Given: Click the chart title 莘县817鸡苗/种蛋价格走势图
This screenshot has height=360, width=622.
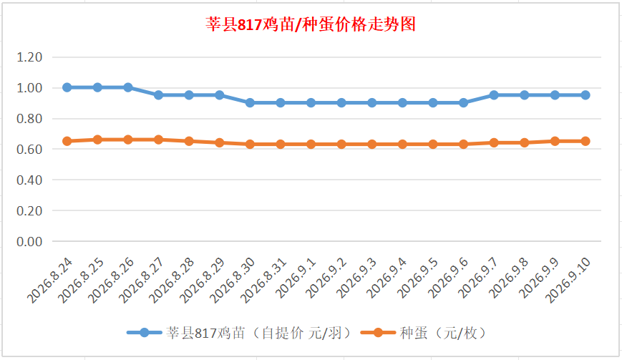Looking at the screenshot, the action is click(311, 24).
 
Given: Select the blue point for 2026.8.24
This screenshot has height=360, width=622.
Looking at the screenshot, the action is click(67, 87).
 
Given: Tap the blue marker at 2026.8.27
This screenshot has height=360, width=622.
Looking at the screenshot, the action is click(159, 95).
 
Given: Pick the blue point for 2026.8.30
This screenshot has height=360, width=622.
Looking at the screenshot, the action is click(250, 102).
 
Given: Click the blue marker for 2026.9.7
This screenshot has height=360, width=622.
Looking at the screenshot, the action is click(494, 95).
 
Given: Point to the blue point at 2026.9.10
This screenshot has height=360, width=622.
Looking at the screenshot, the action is click(585, 95).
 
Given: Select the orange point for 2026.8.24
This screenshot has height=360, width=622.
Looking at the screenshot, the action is click(67, 141).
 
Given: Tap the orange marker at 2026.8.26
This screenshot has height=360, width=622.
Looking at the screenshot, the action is click(128, 140).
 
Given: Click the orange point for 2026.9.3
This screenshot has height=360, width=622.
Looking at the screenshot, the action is click(372, 145).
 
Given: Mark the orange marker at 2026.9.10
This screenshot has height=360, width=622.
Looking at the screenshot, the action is click(585, 141).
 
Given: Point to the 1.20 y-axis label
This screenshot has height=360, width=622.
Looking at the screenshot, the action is click(29, 57).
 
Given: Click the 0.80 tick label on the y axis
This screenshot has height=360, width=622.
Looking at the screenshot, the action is click(29, 119).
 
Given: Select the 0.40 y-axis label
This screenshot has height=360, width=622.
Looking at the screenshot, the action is click(29, 180).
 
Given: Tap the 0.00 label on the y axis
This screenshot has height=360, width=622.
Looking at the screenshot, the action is click(29, 241).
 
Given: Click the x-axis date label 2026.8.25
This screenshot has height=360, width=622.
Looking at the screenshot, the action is click(81, 281).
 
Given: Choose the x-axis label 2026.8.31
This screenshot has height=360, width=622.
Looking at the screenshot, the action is click(264, 281).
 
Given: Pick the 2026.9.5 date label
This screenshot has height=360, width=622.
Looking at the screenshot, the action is click(418, 278).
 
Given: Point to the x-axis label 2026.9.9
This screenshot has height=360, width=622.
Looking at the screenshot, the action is click(540, 278).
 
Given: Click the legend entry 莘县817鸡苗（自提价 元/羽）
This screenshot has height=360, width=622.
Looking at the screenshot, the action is click(240, 333).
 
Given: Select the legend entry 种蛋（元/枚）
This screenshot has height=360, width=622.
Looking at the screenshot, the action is click(424, 333).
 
